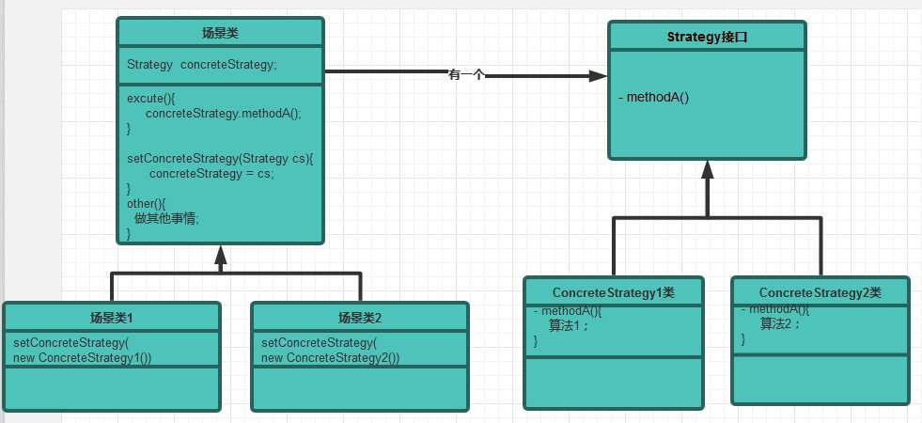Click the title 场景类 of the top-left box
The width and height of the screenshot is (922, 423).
[x=221, y=33]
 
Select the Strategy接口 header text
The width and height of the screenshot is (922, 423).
[x=707, y=38]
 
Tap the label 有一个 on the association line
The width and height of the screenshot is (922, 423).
[x=466, y=75]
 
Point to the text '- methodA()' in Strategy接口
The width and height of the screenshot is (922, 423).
[x=654, y=97]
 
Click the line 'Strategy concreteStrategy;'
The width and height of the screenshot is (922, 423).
[x=202, y=65]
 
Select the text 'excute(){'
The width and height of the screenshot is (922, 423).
[x=151, y=97]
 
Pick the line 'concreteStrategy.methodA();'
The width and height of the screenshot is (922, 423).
[x=224, y=113]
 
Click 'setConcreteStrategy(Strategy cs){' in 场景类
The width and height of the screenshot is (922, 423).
[x=219, y=159]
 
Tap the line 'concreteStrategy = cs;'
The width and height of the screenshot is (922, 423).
[x=211, y=174]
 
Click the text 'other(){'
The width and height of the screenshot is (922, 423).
[x=146, y=203]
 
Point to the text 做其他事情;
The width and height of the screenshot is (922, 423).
[x=167, y=217]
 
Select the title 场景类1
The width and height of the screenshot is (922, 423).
[x=111, y=317]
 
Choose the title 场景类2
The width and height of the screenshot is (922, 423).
[x=360, y=317]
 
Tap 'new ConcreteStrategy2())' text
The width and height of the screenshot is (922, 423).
[x=330, y=357]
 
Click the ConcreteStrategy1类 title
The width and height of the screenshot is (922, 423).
[x=613, y=292]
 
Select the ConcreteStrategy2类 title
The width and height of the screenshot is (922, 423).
[x=820, y=292]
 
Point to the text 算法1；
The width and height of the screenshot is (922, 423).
[x=570, y=325]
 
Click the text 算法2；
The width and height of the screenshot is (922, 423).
[x=780, y=323]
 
